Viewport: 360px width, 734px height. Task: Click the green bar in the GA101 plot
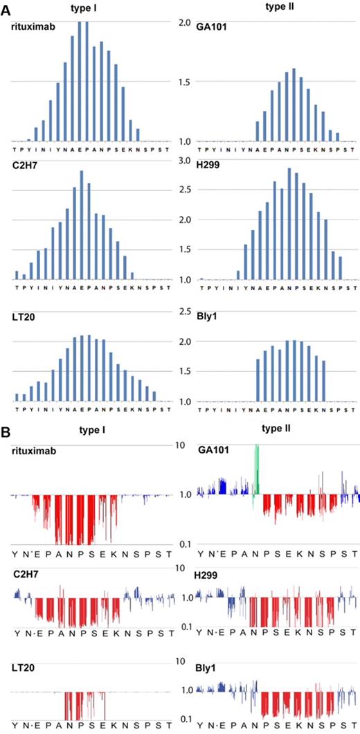click(x=257, y=471)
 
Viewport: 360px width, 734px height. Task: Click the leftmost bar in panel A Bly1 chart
click(x=258, y=379)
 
